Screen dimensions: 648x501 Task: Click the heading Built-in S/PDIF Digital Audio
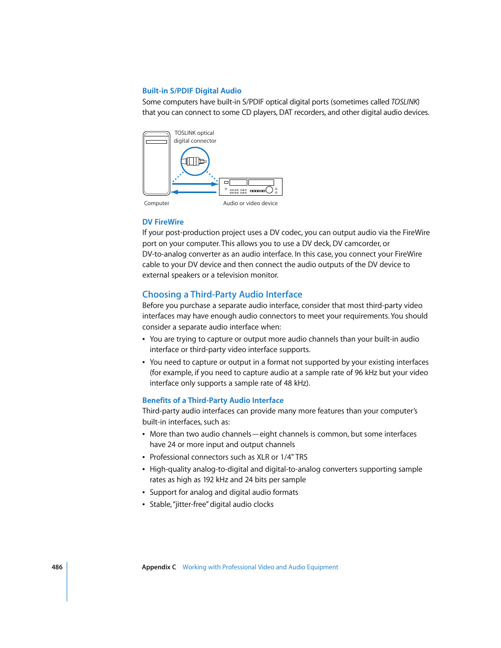(192, 91)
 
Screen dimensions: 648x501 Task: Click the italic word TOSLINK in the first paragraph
(404, 102)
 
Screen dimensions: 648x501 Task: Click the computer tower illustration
(156, 163)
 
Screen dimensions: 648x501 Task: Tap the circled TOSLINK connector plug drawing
(195, 161)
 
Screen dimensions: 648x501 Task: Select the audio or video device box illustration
(250, 187)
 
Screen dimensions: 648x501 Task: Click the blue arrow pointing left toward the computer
(194, 192)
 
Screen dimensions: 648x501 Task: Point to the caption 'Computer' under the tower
(156, 203)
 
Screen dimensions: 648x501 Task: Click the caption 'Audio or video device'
(250, 203)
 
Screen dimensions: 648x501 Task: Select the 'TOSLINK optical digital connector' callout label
(195, 137)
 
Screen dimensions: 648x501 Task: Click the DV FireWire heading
(163, 222)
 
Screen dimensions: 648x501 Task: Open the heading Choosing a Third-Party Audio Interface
(222, 294)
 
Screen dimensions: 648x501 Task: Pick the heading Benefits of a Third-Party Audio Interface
(213, 400)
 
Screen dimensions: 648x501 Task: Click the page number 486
(57, 567)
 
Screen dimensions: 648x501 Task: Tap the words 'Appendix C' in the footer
(159, 567)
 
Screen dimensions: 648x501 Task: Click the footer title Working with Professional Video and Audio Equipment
(260, 567)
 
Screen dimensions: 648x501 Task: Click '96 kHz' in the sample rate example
(366, 373)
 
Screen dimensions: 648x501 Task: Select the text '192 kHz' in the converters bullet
(215, 480)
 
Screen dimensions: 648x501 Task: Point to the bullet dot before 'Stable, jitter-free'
(144, 505)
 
